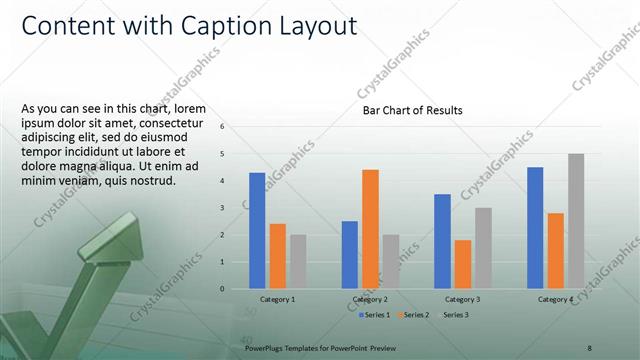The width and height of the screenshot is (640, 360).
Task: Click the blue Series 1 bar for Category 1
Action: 257,231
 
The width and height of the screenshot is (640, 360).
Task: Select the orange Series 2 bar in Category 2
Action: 370,229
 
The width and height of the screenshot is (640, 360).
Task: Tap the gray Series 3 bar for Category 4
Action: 576,221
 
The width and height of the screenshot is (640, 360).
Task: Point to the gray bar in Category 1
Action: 298,262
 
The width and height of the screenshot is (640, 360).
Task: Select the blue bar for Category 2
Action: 350,255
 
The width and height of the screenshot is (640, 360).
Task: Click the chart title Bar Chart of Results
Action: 412,111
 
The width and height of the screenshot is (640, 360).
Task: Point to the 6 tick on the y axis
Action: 236,127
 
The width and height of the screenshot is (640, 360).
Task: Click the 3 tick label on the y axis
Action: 236,208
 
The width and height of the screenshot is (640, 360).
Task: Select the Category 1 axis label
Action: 277,300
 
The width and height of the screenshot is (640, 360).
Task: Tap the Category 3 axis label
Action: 462,300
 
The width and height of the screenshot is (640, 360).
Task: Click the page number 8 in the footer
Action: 590,347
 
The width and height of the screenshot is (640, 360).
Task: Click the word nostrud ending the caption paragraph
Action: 152,181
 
